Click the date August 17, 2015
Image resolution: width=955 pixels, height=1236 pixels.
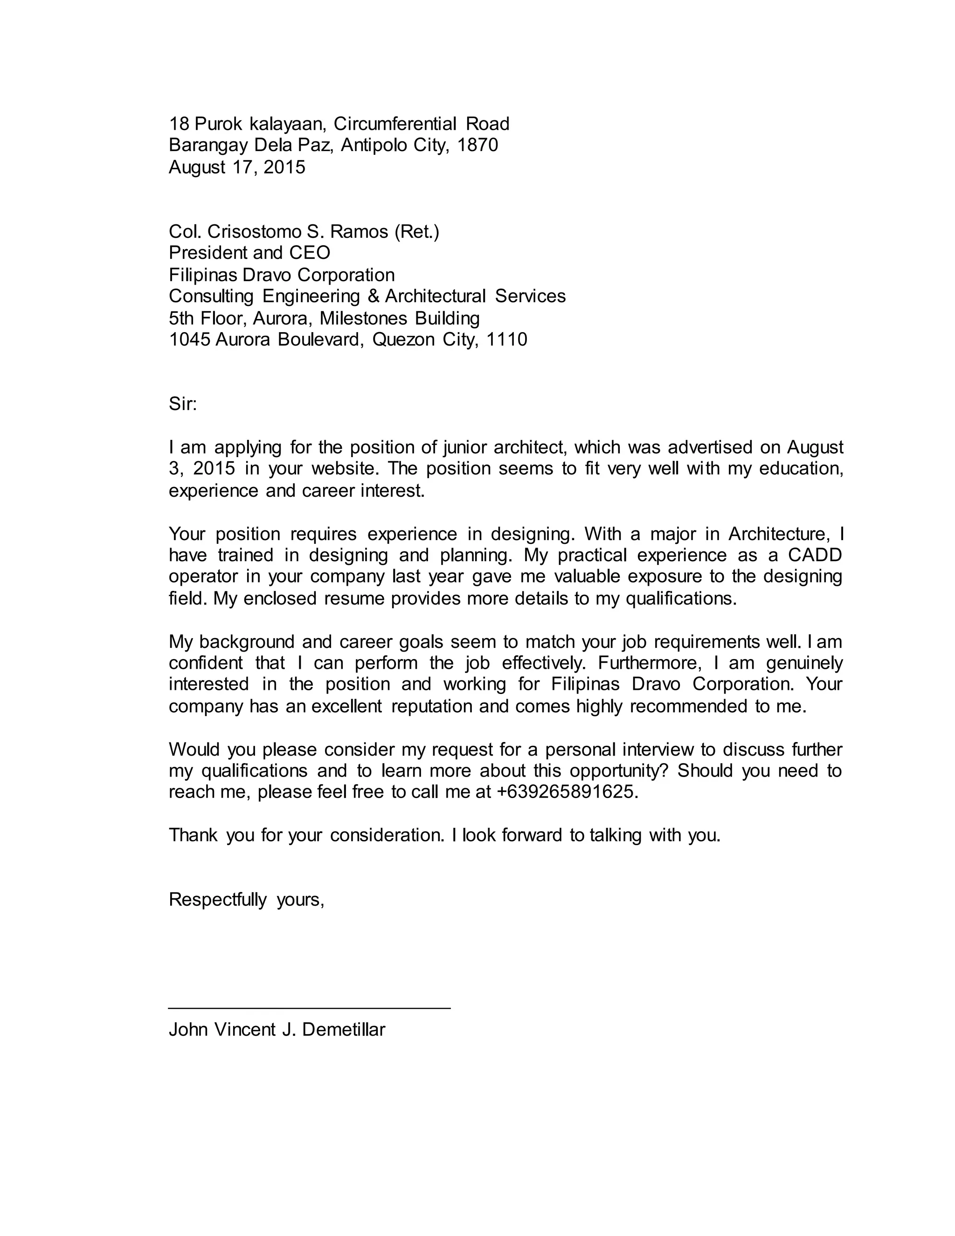[236, 167]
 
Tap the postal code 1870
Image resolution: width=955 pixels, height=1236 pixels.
[477, 145]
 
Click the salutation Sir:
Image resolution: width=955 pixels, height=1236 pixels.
[182, 404]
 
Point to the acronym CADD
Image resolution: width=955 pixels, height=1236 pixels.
[815, 555]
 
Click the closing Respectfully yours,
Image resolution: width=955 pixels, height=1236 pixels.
[246, 900]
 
